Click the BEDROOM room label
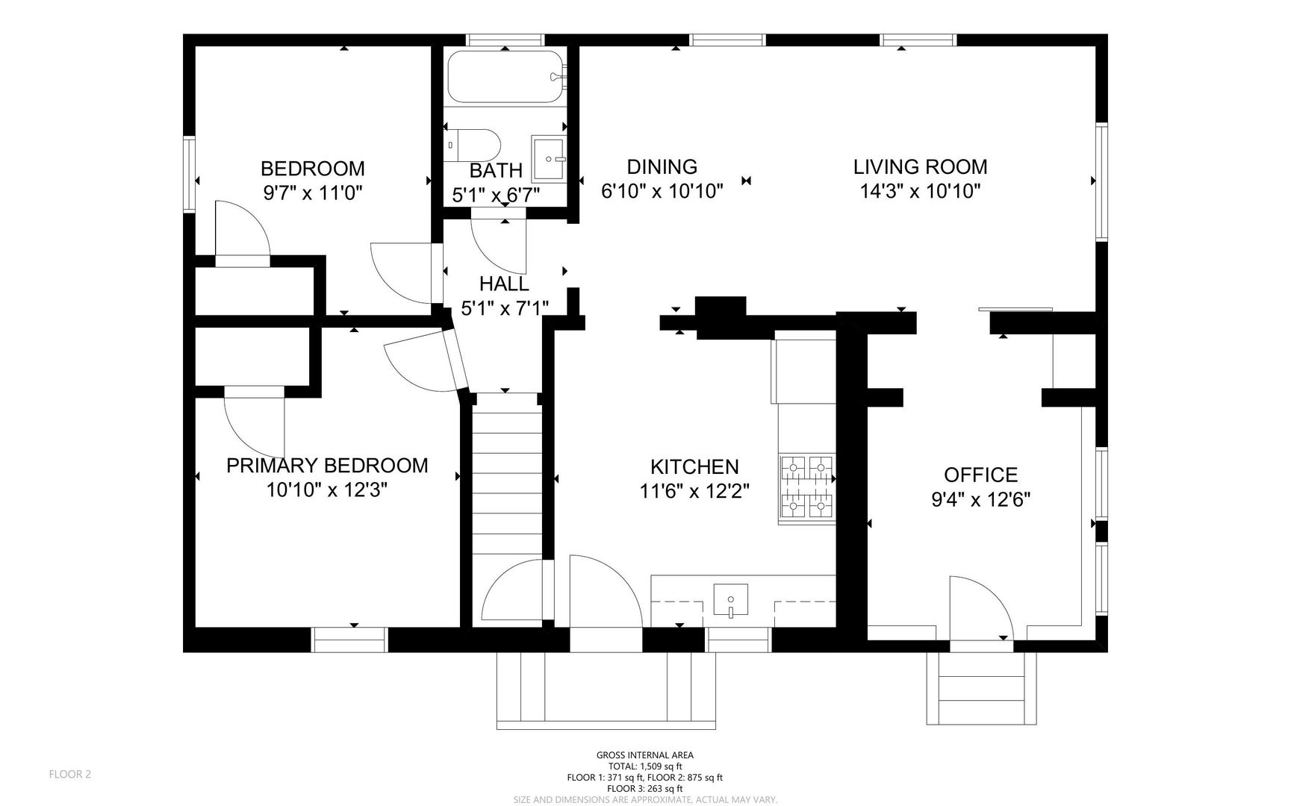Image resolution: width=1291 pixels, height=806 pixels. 312,168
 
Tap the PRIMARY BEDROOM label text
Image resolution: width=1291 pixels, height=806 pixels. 327,466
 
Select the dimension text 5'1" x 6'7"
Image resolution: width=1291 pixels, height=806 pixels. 496,196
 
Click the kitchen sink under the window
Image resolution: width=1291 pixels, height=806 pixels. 730,601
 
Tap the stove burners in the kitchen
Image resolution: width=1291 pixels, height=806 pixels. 806,489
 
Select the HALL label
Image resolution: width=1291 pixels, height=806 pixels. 504,284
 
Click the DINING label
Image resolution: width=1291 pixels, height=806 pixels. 662,166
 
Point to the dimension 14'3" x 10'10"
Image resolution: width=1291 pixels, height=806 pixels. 920,191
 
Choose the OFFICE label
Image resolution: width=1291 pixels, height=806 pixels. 980,475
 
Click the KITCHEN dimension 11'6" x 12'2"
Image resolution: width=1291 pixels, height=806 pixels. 694,491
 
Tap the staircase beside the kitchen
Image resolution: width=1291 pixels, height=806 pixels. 507,473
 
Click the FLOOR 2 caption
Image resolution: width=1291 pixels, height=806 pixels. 70,774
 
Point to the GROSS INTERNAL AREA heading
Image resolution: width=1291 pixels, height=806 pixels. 645,755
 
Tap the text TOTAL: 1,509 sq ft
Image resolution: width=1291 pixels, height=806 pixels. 645,766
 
